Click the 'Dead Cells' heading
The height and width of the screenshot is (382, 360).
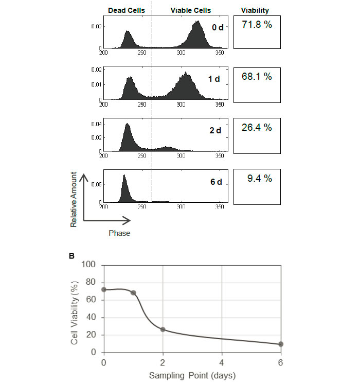(126, 10)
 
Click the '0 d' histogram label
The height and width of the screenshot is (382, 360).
(218, 27)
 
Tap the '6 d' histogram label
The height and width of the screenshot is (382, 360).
(214, 181)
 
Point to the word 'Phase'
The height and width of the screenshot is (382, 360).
(119, 233)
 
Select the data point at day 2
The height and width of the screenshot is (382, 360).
(163, 329)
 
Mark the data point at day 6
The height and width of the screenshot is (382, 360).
(281, 344)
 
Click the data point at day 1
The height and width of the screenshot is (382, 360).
(134, 293)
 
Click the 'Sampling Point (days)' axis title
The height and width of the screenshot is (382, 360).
(192, 375)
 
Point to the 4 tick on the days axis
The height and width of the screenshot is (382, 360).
(222, 362)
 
